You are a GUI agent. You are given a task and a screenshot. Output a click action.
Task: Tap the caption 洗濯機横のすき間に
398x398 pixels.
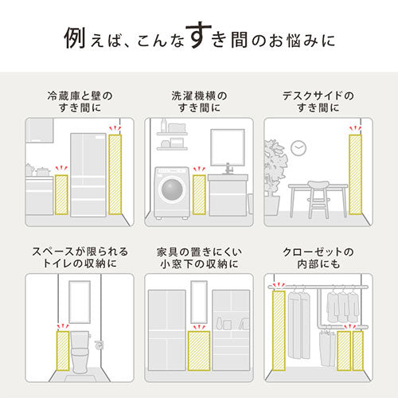(x=198, y=101)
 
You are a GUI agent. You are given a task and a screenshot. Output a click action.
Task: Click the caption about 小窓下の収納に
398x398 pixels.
(x=198, y=257)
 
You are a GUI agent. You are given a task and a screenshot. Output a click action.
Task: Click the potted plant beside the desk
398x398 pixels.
(x=275, y=171)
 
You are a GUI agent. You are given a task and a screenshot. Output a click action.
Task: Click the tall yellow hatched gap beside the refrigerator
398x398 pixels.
(x=116, y=174)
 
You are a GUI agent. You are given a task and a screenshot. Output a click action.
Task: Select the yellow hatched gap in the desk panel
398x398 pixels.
(x=355, y=174)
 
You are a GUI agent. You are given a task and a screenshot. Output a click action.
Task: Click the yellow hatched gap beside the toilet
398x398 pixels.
(x=61, y=351)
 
